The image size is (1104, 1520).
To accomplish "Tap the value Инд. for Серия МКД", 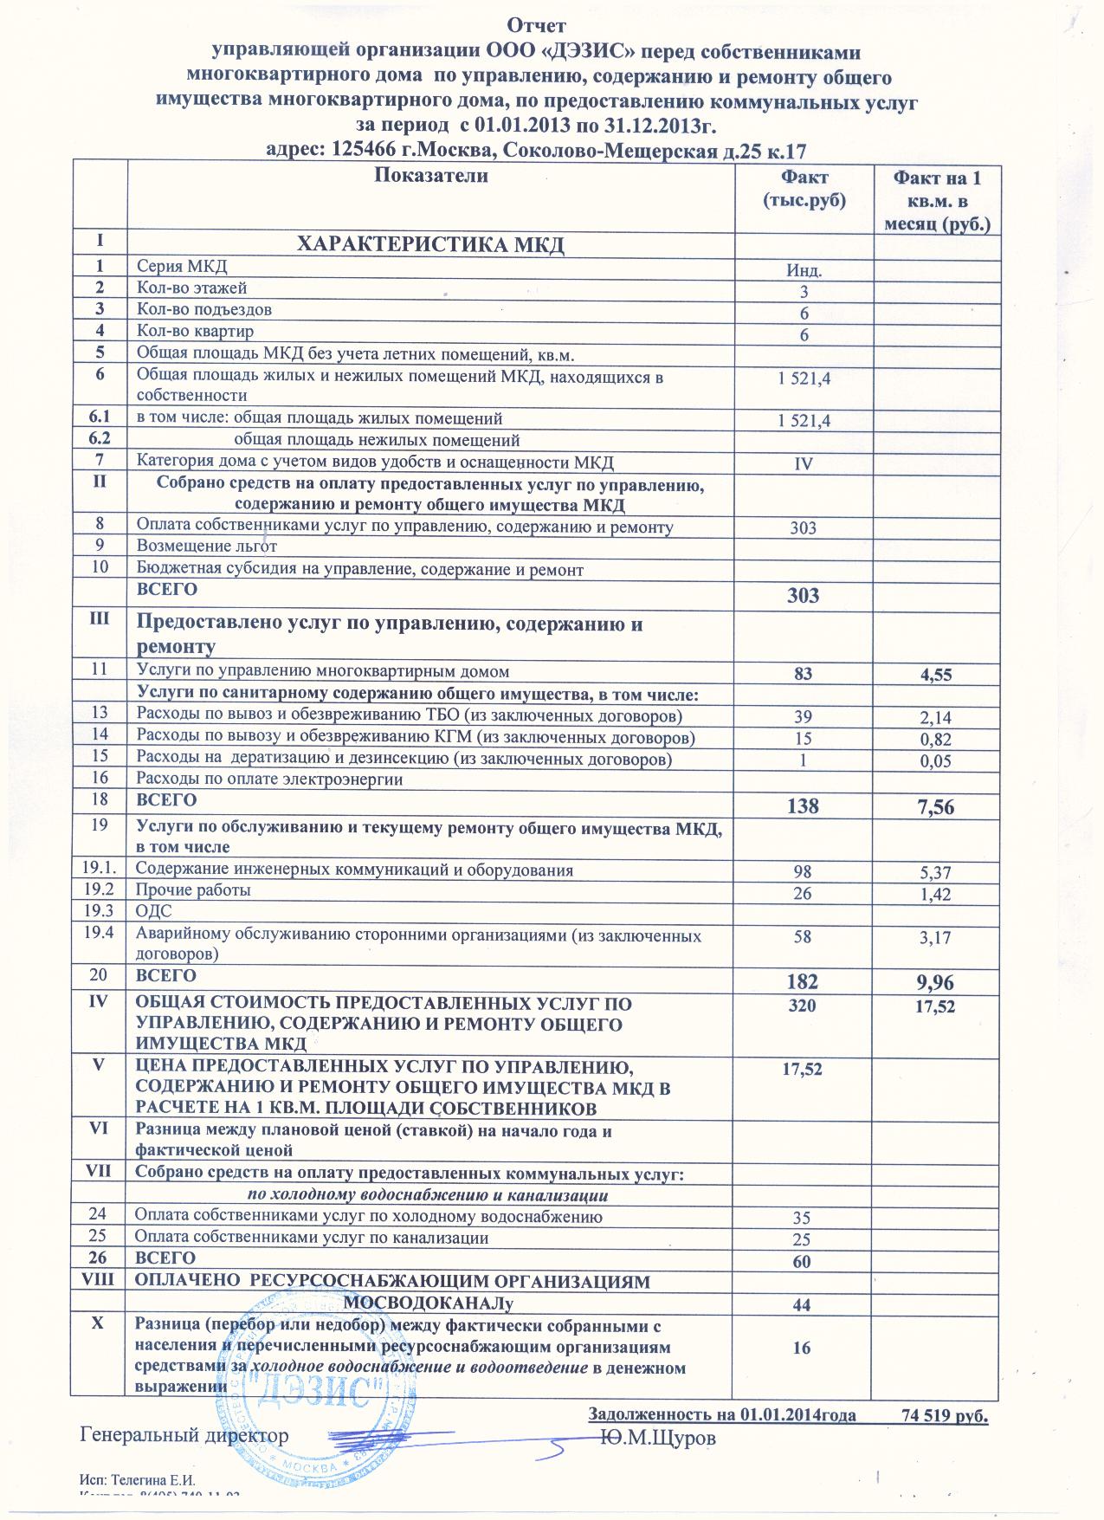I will (x=804, y=270).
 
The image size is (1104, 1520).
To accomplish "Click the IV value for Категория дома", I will (x=804, y=464).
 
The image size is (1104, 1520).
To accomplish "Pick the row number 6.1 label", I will (x=99, y=417).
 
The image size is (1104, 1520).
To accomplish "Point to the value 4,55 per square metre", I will (x=936, y=673).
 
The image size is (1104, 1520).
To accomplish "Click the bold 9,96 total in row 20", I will (x=936, y=982).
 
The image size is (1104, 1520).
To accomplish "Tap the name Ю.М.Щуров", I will (x=659, y=1437).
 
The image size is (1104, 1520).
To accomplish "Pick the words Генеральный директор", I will (x=184, y=1434).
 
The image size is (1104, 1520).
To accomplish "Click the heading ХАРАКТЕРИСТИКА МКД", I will (x=430, y=244).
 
